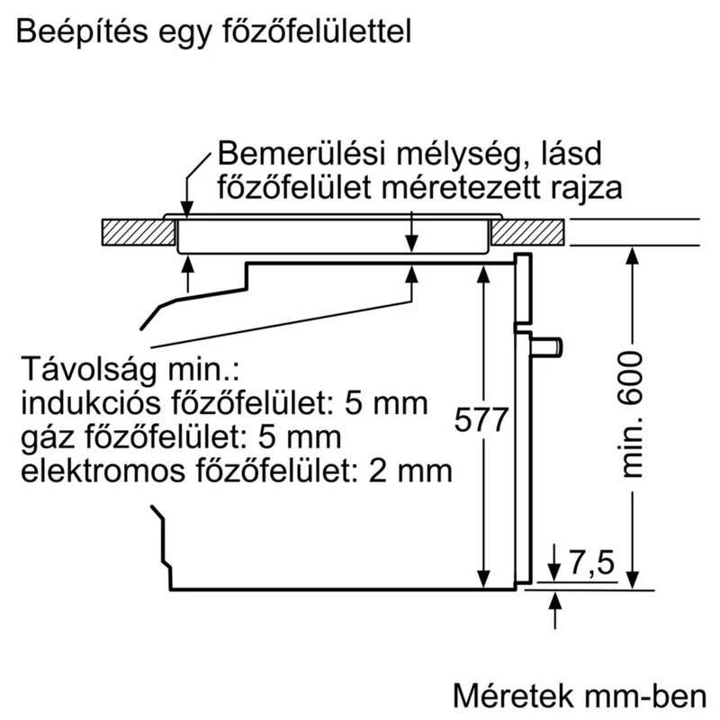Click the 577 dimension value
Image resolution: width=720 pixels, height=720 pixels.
(x=481, y=419)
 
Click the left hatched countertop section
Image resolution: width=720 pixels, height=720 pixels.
(x=139, y=232)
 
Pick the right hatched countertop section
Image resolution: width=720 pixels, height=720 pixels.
(x=527, y=232)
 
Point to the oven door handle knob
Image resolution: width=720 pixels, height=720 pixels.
(x=547, y=346)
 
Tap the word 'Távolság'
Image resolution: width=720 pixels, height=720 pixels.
(x=88, y=370)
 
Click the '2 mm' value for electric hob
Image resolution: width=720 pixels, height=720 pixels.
(x=410, y=472)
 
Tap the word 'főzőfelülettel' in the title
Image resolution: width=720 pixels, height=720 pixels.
(x=317, y=32)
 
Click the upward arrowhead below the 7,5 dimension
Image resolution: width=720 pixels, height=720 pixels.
(x=555, y=600)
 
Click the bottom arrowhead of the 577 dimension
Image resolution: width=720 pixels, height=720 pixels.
(x=483, y=579)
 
